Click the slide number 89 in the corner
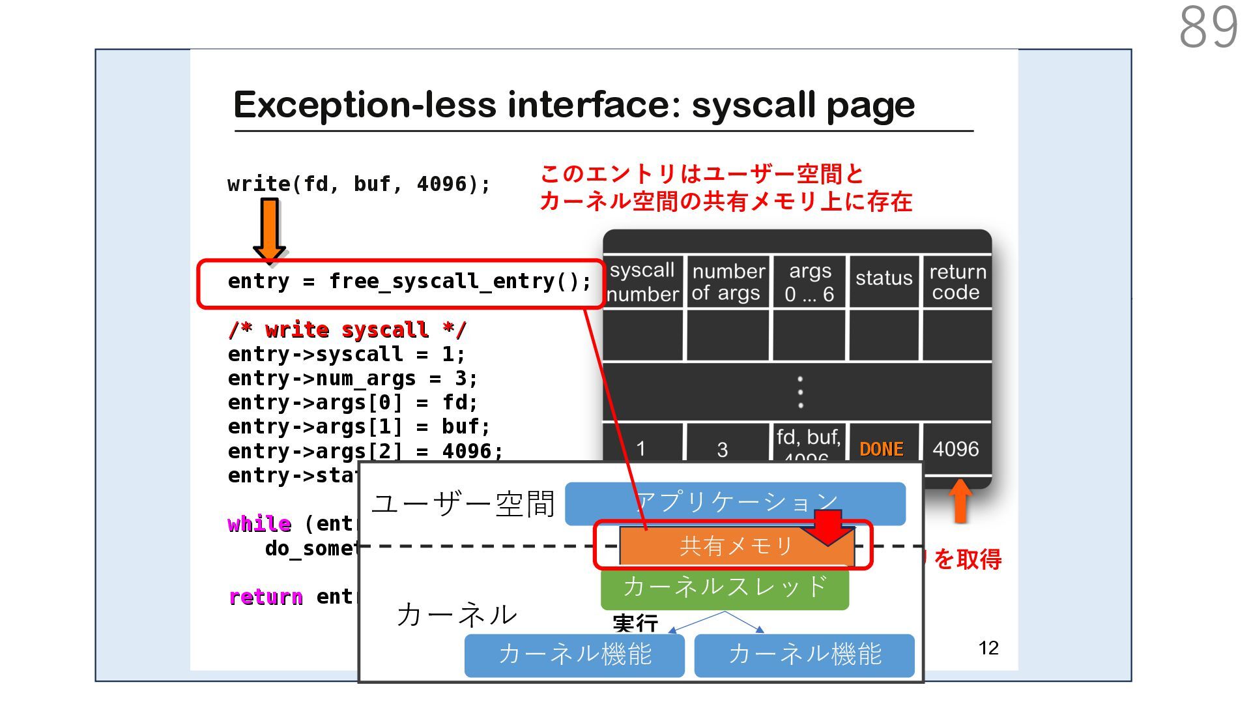(1208, 27)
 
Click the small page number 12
(988, 648)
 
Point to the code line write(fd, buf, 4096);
(358, 184)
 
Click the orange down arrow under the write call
(270, 229)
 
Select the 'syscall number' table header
(642, 282)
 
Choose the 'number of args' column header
(728, 282)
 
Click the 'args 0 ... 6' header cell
(809, 282)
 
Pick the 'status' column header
(884, 278)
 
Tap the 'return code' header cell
(956, 282)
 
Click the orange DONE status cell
(882, 449)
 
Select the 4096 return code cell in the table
(955, 449)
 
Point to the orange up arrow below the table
(960, 501)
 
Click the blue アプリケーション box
(735, 503)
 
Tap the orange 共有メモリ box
(736, 546)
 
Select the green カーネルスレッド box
(725, 587)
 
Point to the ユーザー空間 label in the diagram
(463, 505)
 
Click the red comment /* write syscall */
(347, 330)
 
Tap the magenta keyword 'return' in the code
(266, 597)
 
